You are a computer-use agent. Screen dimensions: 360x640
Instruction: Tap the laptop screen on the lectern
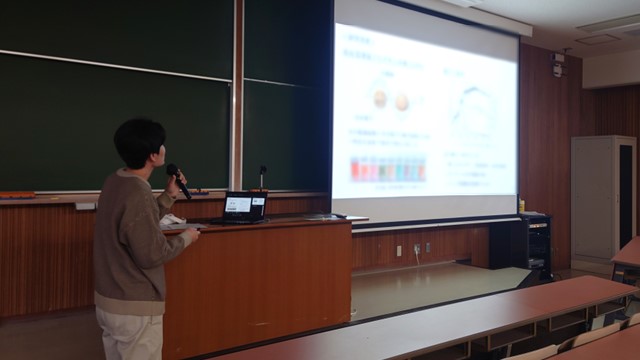coord(239,205)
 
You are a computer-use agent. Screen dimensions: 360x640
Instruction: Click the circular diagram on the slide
coord(472,109)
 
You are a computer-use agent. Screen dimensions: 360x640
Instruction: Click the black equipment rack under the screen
coord(535,244)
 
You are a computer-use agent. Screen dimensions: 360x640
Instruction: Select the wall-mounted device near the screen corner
coord(557,68)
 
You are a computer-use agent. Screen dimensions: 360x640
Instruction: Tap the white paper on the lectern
coord(173,220)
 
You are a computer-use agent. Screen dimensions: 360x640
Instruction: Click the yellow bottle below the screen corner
coord(522,205)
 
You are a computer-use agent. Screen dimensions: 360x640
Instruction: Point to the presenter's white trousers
coord(130,335)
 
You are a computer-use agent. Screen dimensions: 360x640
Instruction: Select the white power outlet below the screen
coord(398,250)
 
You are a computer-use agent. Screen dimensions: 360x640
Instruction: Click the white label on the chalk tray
coord(86,206)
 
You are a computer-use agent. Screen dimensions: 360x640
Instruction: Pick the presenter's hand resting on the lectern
coord(190,234)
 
